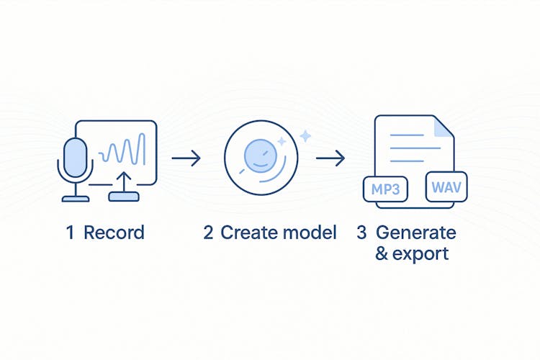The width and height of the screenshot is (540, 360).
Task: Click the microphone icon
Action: (75, 154)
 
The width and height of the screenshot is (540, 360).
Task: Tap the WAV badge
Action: (447, 188)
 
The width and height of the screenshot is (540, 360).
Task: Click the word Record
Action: (114, 233)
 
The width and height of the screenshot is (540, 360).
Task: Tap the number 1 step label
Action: (70, 233)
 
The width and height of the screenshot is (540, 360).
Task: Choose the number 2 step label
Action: (208, 233)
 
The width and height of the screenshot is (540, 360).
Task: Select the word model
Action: (309, 233)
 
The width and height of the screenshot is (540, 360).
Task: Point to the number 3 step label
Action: (361, 233)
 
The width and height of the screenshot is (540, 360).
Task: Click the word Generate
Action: (415, 233)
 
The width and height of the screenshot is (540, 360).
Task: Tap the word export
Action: (421, 253)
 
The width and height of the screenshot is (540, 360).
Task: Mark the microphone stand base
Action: (76, 198)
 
